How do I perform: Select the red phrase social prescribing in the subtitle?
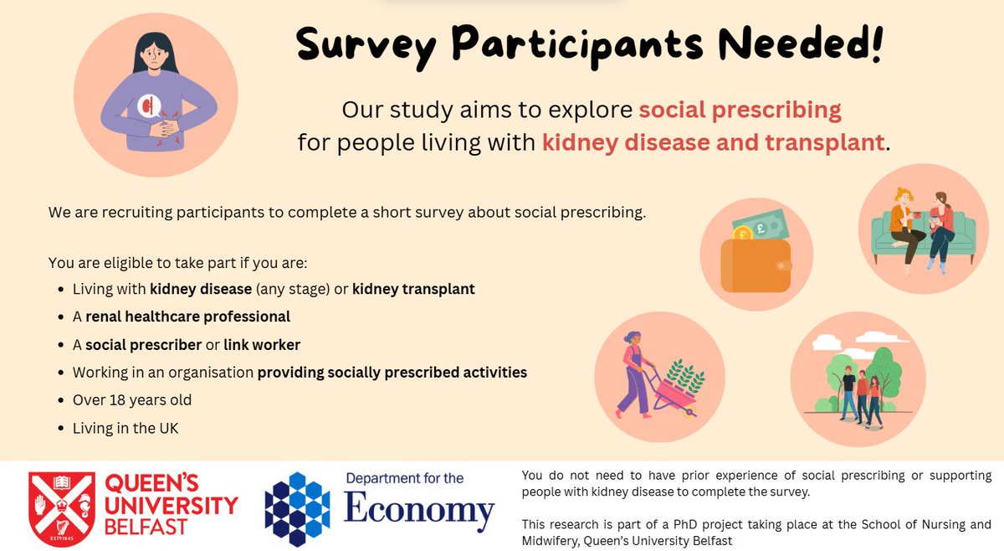pyautogui.click(x=740, y=110)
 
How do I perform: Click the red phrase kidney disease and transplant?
pyautogui.click(x=713, y=142)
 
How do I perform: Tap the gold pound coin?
pyautogui.click(x=743, y=234)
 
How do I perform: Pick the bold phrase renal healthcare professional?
pyautogui.click(x=187, y=317)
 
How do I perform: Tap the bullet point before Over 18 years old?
pyautogui.click(x=62, y=401)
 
